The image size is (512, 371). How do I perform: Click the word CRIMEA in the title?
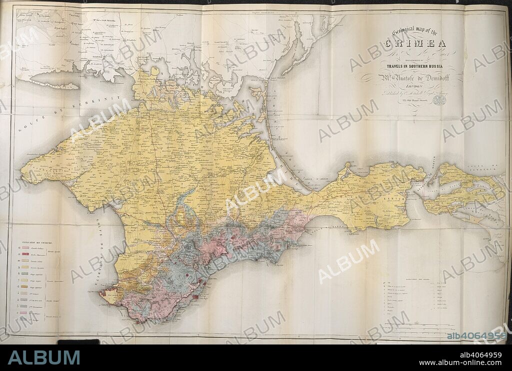(x=415, y=43)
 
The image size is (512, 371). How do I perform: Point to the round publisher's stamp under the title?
(x=439, y=100)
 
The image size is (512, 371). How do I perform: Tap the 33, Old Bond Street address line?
(x=413, y=101)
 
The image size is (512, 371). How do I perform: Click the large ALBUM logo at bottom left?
(x=44, y=357)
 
